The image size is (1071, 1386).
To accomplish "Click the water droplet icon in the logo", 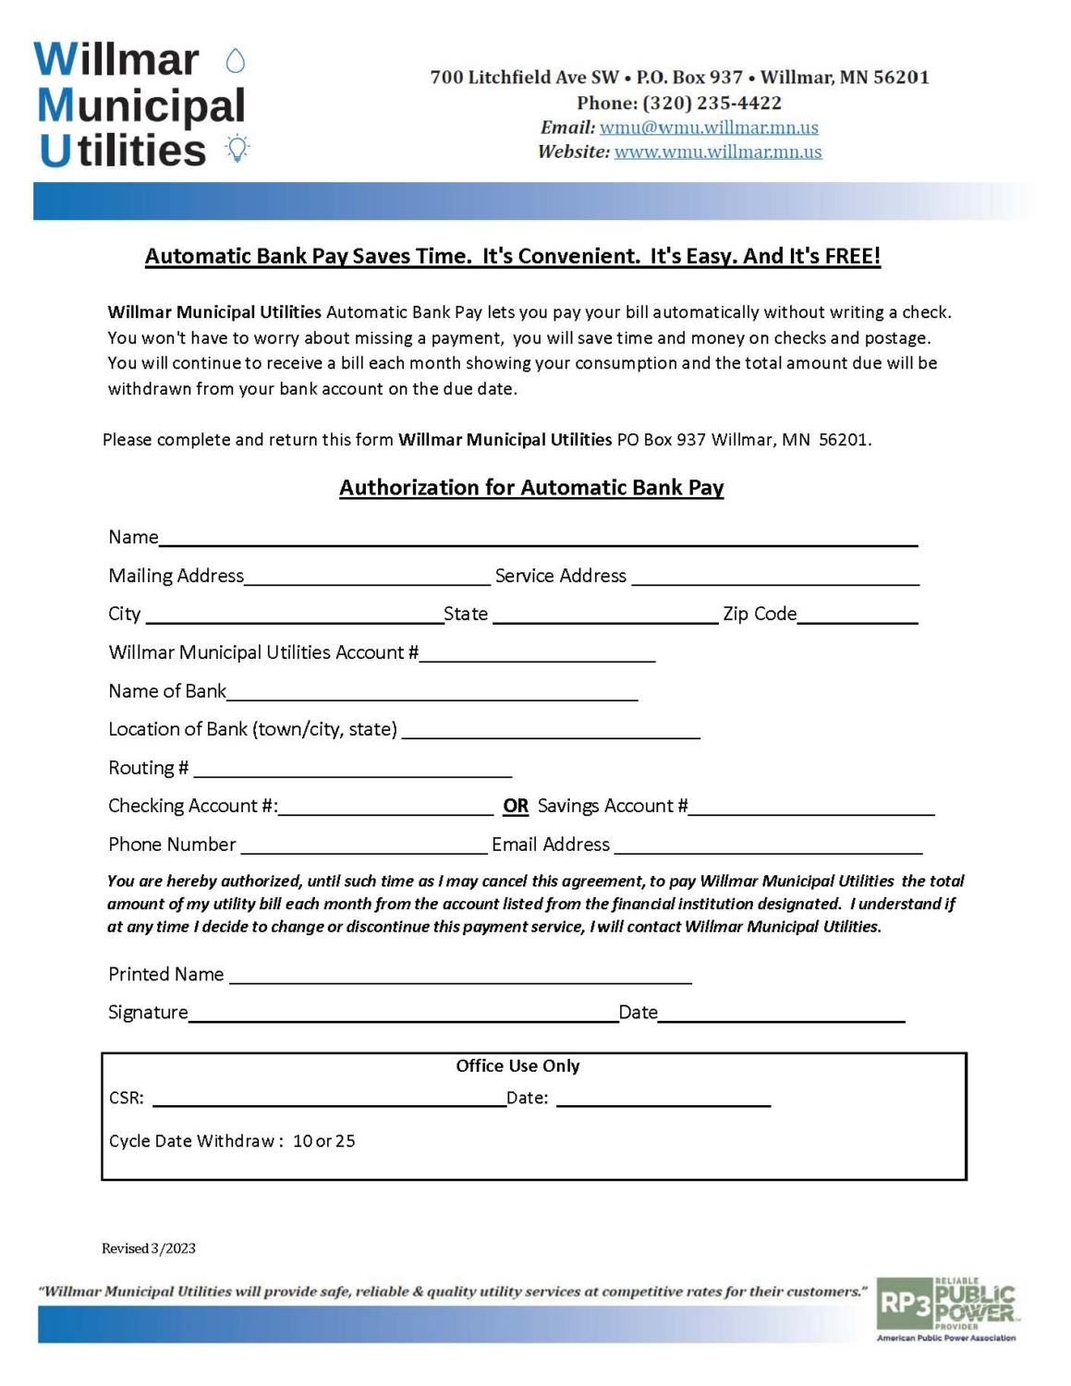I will click(x=236, y=61).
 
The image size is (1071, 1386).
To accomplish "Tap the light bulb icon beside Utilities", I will click(x=237, y=148).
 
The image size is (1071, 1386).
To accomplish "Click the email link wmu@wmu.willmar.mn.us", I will click(x=709, y=128).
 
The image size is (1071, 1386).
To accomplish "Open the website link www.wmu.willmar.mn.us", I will click(x=718, y=152).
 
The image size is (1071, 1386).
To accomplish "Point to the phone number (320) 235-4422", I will click(x=712, y=103).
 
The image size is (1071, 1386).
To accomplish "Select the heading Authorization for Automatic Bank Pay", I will click(x=531, y=487).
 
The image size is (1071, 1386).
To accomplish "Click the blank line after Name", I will click(x=538, y=540).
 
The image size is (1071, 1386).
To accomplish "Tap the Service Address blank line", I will click(x=775, y=578).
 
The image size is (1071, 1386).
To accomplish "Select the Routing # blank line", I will click(x=352, y=771).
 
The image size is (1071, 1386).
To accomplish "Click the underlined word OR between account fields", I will click(x=516, y=806).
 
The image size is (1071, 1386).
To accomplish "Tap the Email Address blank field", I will click(x=768, y=847).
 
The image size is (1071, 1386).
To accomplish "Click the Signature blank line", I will click(x=403, y=1015).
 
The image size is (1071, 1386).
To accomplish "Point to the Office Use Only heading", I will click(x=517, y=1065).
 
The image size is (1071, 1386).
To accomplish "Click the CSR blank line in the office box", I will click(x=329, y=1100).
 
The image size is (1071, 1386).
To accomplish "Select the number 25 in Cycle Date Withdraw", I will click(x=346, y=1141).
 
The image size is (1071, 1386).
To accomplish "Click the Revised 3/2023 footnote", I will click(x=149, y=1248).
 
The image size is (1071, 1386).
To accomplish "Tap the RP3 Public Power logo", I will click(x=946, y=1307).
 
